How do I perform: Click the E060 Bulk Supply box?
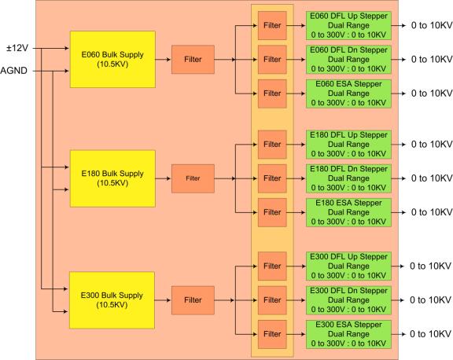click(112, 60)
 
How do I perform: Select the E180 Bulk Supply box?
click(112, 178)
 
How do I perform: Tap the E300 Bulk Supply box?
click(112, 300)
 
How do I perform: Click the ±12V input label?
click(17, 48)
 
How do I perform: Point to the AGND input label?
click(13, 71)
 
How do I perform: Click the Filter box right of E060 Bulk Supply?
click(193, 60)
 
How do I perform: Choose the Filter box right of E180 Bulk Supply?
click(193, 178)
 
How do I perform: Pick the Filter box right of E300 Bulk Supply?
click(193, 300)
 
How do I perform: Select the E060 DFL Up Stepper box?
click(348, 25)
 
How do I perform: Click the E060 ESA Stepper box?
click(348, 94)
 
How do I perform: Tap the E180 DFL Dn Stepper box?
click(348, 178)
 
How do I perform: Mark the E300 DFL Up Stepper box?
click(348, 266)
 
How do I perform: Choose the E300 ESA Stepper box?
click(348, 334)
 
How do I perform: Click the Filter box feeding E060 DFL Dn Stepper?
click(272, 60)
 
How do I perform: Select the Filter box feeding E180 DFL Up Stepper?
click(272, 145)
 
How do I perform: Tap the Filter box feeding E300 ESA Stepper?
click(272, 334)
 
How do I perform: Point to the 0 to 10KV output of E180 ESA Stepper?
click(432, 212)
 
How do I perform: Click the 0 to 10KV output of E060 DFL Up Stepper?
click(432, 25)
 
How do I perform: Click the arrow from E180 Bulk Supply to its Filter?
click(164, 178)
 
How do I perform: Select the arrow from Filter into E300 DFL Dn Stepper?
click(296, 300)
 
